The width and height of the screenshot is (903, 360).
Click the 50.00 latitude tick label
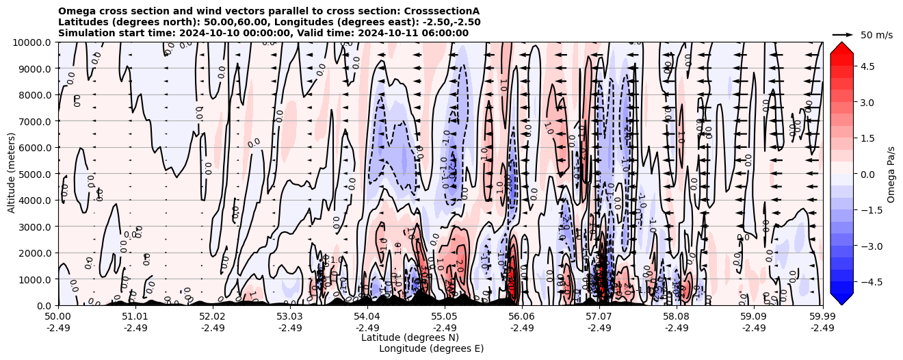(58, 317)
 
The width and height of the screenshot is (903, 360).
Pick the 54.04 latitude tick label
(367, 317)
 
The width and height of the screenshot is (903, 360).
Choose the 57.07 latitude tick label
(599, 317)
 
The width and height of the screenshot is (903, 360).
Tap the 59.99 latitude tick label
(822, 317)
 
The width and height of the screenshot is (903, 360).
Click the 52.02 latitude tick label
(213, 317)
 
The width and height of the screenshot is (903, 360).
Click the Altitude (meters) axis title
(12, 174)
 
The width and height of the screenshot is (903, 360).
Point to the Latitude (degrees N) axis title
(410, 337)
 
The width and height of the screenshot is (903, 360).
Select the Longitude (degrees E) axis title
(431, 348)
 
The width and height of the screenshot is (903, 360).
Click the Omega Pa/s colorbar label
(891, 174)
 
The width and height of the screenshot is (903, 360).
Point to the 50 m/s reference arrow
(843, 34)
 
